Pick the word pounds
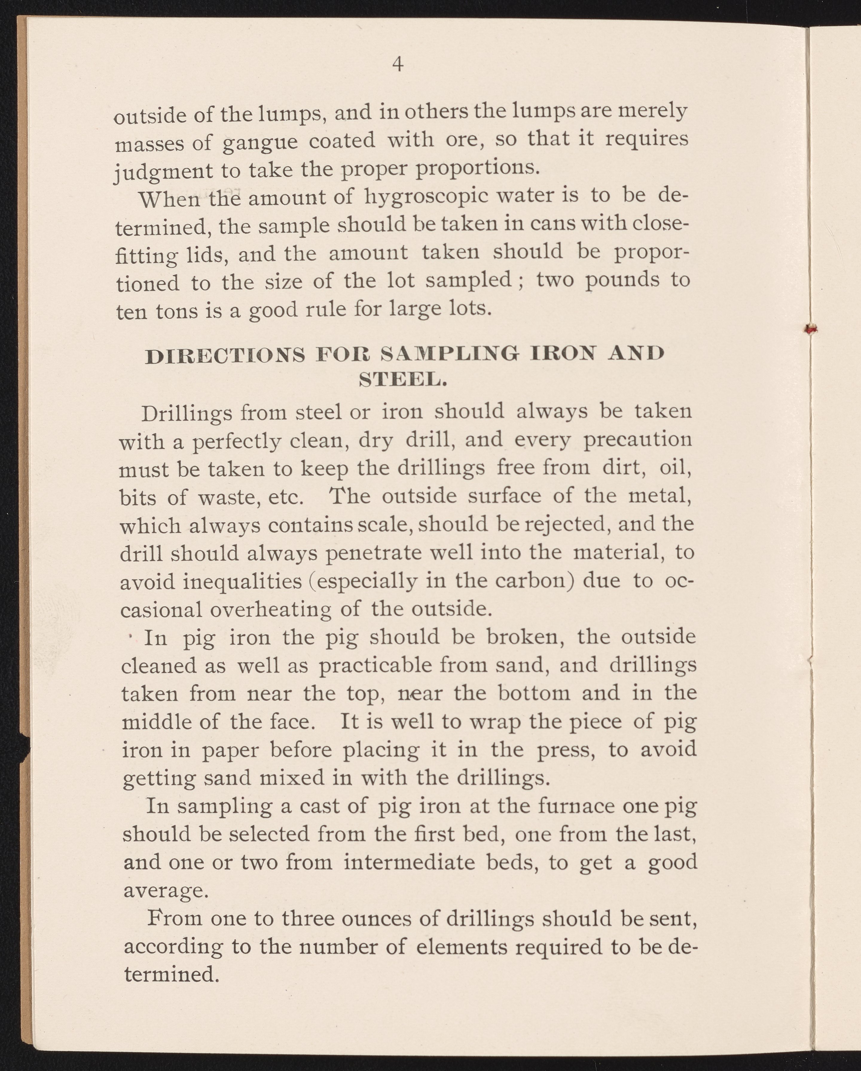point(622,280)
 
